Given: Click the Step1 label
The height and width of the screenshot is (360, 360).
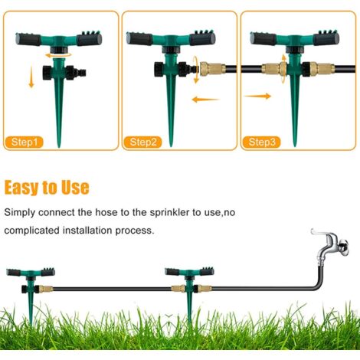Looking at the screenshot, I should (26, 142).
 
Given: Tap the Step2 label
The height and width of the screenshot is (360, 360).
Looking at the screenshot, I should (144, 142).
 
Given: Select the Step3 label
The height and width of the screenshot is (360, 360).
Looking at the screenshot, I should (261, 142).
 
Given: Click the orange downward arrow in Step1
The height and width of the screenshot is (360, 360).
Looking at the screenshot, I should (31, 77).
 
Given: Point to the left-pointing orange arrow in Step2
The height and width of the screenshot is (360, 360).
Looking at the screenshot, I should (202, 98).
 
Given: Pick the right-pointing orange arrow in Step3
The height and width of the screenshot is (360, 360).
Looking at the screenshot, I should (258, 96).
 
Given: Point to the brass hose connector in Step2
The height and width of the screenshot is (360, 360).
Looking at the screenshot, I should (210, 68).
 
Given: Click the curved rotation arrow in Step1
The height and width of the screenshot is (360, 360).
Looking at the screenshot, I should (57, 55).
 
